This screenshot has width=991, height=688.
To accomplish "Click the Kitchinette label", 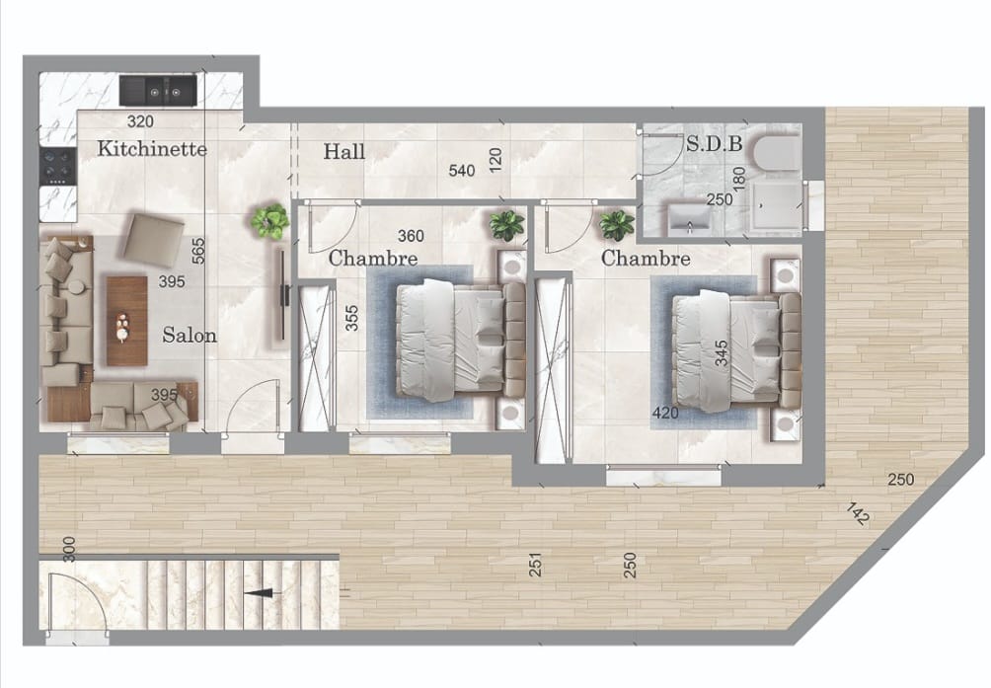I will pos(152,149).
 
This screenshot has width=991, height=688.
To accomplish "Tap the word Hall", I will pos(343,151).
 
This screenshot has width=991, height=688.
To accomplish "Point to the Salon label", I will pos(190,335).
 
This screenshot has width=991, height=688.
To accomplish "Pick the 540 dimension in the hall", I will pos(462,171).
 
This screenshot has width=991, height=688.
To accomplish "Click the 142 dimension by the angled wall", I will pos(857,513).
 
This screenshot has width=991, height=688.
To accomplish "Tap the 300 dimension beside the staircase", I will pos(69,551).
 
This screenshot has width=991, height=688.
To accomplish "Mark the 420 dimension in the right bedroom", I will pos(665,413).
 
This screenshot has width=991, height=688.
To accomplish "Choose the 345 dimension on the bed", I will pos(722,353).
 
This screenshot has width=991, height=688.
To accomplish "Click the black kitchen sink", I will pos(158,90).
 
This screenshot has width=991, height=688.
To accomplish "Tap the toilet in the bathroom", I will pos(774,153).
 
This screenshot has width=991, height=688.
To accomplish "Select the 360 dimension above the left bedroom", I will pos(412,236).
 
